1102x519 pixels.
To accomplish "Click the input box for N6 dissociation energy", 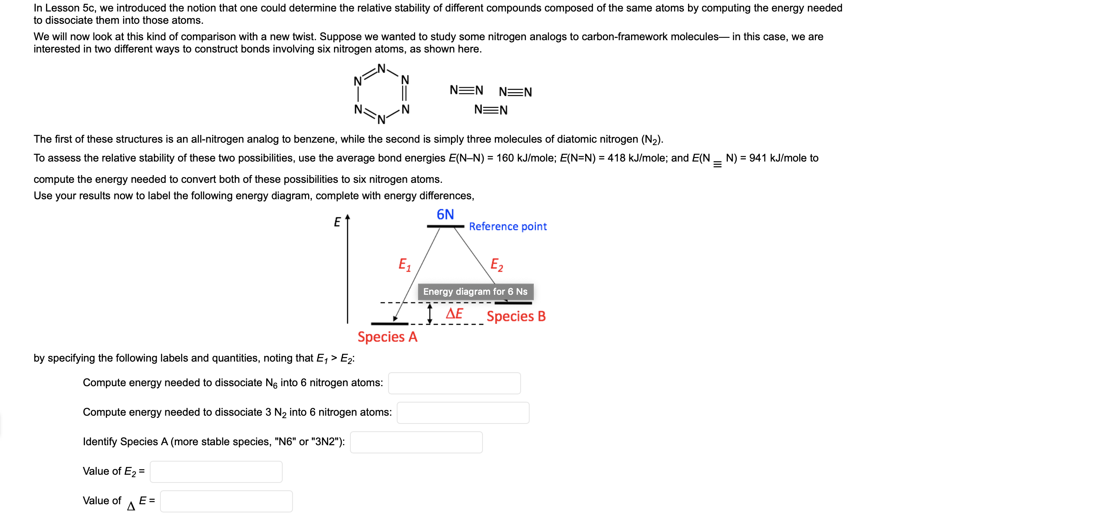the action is pyautogui.click(x=454, y=383).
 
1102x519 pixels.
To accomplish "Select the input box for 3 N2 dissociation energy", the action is pyautogui.click(x=462, y=412).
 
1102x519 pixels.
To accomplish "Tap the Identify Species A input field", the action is pyautogui.click(x=416, y=442).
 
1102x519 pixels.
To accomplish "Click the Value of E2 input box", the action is pyautogui.click(x=216, y=471).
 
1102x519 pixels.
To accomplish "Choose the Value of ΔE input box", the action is pyautogui.click(x=226, y=501).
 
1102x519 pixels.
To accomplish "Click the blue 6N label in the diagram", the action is pyautogui.click(x=445, y=214).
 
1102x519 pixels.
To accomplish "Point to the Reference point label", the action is pyautogui.click(x=508, y=226).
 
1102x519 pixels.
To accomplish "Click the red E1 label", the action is pyautogui.click(x=404, y=265).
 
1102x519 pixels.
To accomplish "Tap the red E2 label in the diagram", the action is pyautogui.click(x=496, y=265).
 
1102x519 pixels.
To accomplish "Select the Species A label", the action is pyautogui.click(x=387, y=337).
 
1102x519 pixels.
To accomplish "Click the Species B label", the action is pyautogui.click(x=515, y=316).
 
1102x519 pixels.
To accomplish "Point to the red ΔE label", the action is pyautogui.click(x=454, y=313).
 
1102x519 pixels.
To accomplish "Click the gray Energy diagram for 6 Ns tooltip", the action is pyautogui.click(x=475, y=291).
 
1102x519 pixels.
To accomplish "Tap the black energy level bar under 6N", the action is pyautogui.click(x=445, y=226).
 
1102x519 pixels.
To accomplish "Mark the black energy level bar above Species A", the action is pyautogui.click(x=389, y=323).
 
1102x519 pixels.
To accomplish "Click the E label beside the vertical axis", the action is pyautogui.click(x=337, y=222).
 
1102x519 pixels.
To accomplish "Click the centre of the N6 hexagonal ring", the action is pyautogui.click(x=381, y=94).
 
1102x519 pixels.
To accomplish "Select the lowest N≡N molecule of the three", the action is pyautogui.click(x=491, y=110).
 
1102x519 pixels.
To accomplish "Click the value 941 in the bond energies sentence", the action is pyautogui.click(x=758, y=158).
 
